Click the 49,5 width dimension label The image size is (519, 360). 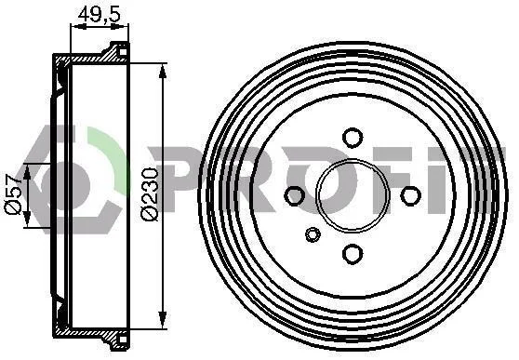(99, 15)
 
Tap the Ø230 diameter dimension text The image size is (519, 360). (150, 194)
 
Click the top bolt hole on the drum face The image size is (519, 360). (353, 137)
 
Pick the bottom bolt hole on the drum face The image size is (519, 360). (353, 254)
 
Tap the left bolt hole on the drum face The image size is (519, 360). (294, 195)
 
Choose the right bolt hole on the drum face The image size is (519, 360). (410, 195)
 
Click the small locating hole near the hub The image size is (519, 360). (313, 234)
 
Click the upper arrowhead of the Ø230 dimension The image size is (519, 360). (162, 73)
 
